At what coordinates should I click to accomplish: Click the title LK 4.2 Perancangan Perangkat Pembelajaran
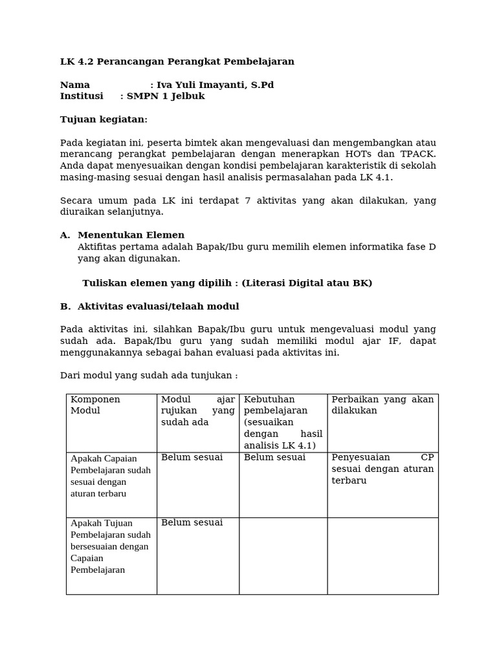(x=177, y=62)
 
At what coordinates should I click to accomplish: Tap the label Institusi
(x=82, y=96)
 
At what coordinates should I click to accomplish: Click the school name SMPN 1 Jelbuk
(x=166, y=96)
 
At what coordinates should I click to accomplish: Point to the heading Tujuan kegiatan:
(x=104, y=120)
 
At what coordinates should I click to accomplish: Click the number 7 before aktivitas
(x=248, y=201)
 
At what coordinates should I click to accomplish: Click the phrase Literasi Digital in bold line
(x=278, y=283)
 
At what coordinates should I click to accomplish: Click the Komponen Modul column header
(x=95, y=405)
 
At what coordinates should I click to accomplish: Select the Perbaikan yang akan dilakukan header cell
(x=382, y=405)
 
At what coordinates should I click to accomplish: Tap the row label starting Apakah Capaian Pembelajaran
(x=111, y=476)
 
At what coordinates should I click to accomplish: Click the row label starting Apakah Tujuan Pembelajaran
(x=111, y=546)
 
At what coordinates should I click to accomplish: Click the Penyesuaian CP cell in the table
(x=382, y=469)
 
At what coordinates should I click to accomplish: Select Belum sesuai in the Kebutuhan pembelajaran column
(x=274, y=458)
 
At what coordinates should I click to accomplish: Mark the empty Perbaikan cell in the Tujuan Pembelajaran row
(x=382, y=555)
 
